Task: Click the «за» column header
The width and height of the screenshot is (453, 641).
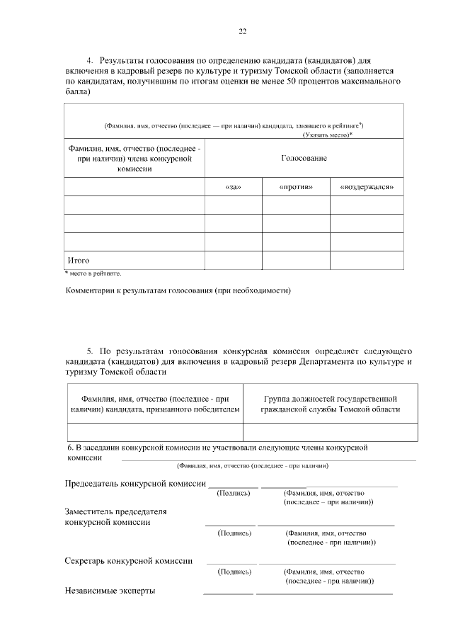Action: click(233, 187)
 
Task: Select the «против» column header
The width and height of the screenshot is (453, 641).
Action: click(296, 187)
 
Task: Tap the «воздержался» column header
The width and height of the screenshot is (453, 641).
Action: click(366, 187)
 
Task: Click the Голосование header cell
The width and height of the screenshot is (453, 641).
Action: click(304, 158)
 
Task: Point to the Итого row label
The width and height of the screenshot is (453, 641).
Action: click(78, 260)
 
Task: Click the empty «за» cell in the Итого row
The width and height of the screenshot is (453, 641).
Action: click(233, 260)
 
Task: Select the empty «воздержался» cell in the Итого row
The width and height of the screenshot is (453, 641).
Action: click(366, 260)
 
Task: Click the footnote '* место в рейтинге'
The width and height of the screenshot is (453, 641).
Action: click(93, 273)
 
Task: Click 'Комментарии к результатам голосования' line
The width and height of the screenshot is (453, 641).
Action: click(178, 290)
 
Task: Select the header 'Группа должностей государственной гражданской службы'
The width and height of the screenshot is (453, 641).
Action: click(330, 404)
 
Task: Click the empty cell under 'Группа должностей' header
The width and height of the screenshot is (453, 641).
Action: click(330, 431)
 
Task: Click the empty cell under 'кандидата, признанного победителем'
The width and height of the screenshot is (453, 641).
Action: click(155, 431)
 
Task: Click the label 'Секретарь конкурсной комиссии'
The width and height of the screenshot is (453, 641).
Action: click(128, 561)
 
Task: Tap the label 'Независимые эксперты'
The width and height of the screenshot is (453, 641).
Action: click(110, 590)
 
